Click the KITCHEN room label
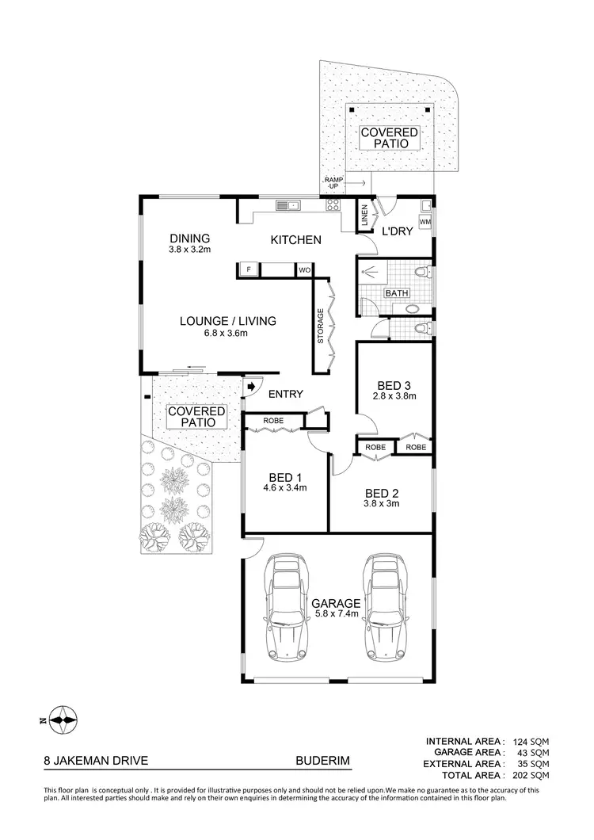[x=295, y=240]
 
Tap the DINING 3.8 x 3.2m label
[x=188, y=242]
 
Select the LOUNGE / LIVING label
[x=227, y=326]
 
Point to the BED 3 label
[x=394, y=390]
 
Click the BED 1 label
[x=285, y=482]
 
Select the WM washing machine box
[x=425, y=221]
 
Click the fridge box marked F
[x=249, y=270]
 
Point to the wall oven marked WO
[x=303, y=270]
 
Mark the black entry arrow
[x=252, y=387]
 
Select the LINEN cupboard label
[x=364, y=217]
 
